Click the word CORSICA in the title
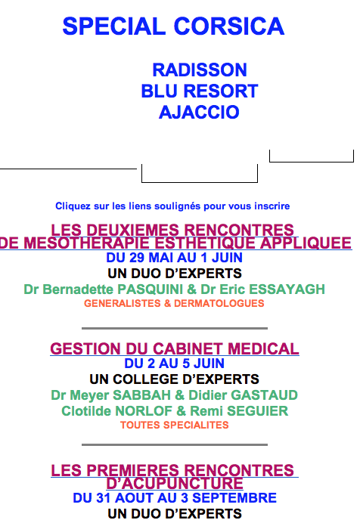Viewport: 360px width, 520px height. click(229, 26)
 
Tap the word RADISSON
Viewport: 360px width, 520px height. click(200, 70)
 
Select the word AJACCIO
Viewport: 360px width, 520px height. click(199, 112)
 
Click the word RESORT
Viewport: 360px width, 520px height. click(221, 91)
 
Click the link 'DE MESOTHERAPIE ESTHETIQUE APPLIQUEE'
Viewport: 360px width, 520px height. click(175, 243)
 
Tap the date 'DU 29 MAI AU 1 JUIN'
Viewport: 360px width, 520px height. click(174, 258)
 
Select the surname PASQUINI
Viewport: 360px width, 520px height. click(151, 289)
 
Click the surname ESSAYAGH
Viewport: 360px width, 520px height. click(287, 289)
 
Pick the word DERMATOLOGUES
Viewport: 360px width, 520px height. click(219, 303)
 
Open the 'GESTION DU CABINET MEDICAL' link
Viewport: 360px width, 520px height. click(175, 349)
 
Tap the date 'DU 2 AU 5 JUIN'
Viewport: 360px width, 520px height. click(174, 364)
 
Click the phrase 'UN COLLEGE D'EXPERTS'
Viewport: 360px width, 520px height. click(174, 379)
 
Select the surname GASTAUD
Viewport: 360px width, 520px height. click(264, 395)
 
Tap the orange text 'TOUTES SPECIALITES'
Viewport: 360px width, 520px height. click(175, 426)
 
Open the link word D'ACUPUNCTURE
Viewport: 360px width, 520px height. click(175, 483)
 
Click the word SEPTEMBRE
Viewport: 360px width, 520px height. click(234, 498)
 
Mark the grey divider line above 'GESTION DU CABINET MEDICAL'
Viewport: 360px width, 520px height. click(175, 328)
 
